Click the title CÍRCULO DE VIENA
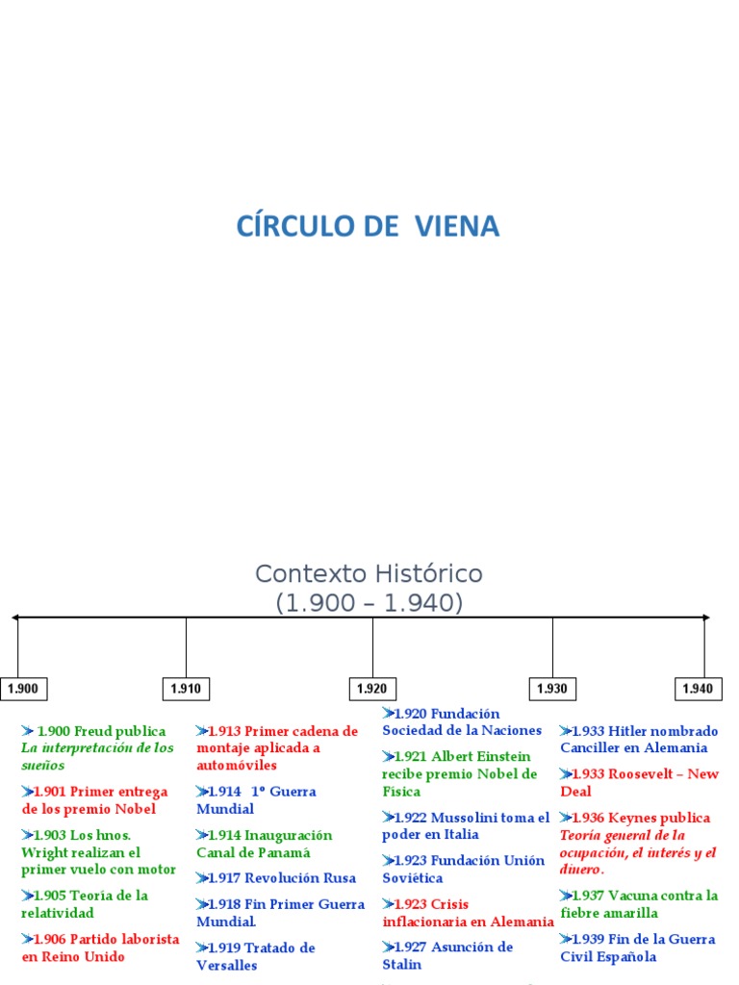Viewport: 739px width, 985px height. point(369,227)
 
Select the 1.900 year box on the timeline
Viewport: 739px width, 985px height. point(23,689)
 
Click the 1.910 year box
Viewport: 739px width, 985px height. point(186,689)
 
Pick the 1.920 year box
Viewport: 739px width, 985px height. point(372,689)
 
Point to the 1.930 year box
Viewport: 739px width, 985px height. point(552,689)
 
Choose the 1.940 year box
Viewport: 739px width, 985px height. point(698,689)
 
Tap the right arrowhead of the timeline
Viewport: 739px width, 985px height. point(705,617)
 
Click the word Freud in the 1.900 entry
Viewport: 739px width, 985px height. point(93,731)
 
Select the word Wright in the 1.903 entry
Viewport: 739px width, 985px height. point(43,852)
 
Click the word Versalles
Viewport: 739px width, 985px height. point(227,965)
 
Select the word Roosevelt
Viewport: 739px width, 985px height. point(648,774)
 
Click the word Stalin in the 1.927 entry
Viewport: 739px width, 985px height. point(401,964)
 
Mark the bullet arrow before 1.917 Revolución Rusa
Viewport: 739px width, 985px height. point(202,878)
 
